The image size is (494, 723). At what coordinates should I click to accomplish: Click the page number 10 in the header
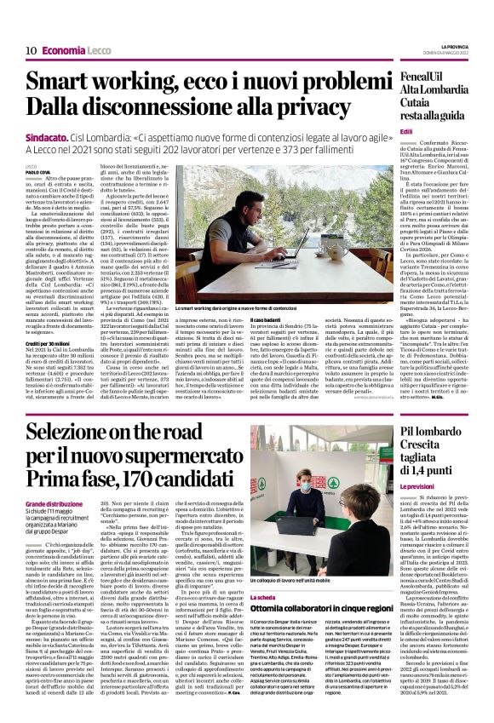30,51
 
